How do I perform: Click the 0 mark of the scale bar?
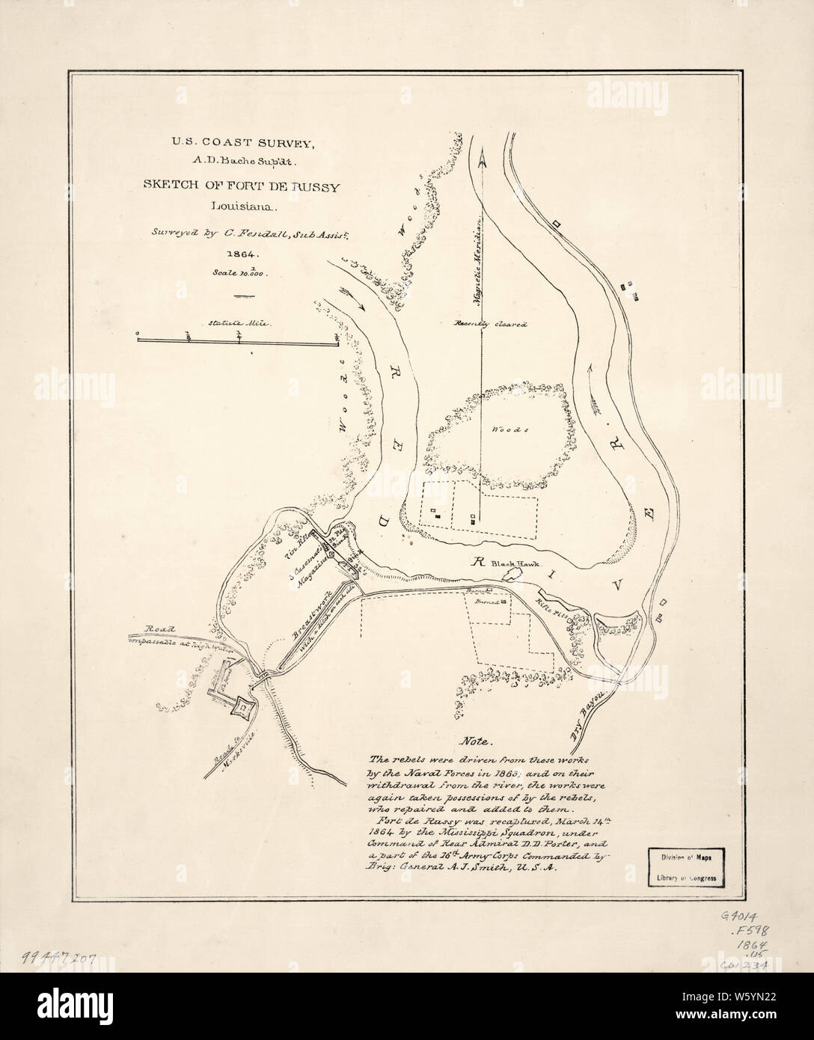(138, 335)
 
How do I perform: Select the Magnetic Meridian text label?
(475, 263)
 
